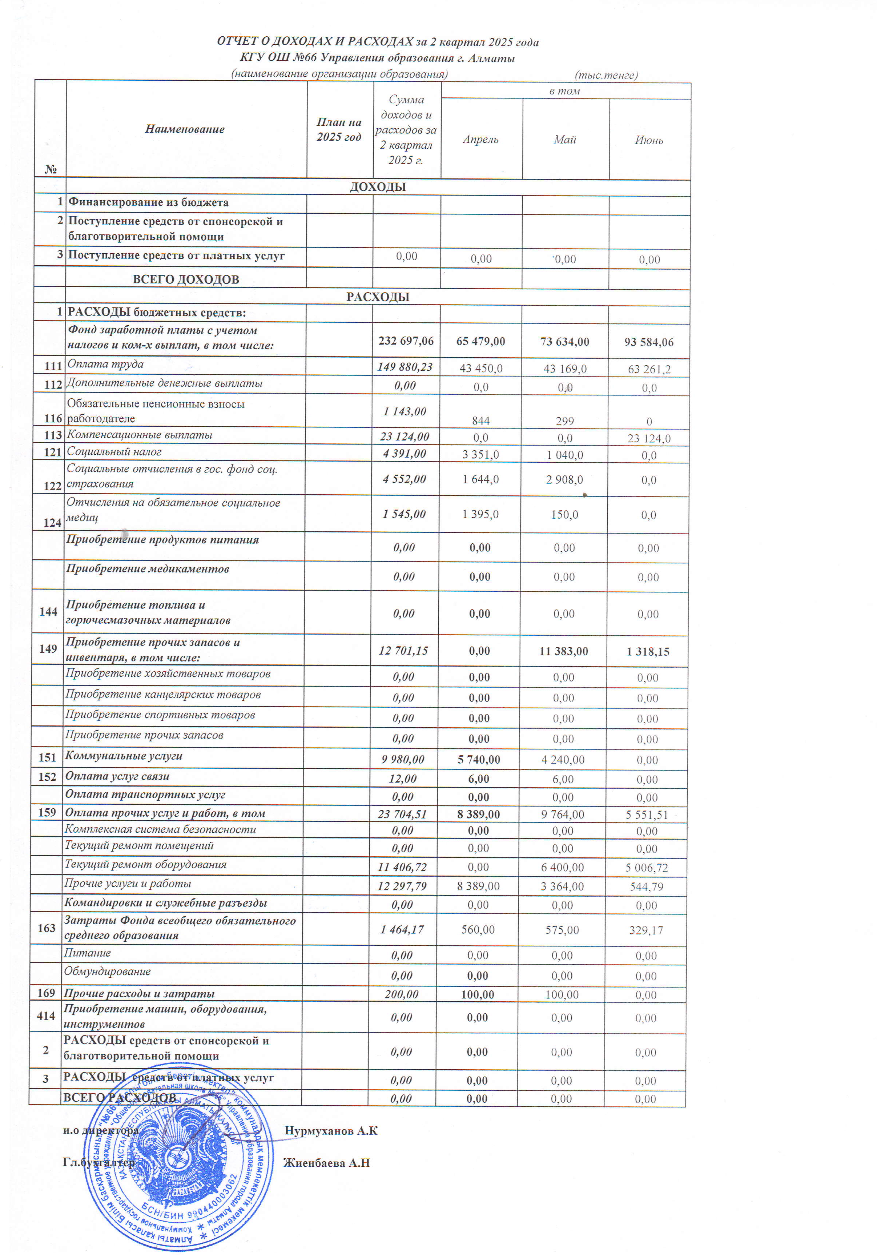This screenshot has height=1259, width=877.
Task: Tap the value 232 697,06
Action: tap(406, 341)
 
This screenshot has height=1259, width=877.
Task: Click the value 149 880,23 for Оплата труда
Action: tap(405, 366)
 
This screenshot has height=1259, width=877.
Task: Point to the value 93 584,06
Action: tap(649, 342)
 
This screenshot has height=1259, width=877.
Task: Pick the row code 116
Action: tap(53, 418)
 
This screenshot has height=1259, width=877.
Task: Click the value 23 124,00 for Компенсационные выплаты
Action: tap(405, 437)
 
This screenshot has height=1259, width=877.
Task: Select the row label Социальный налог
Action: tap(114, 452)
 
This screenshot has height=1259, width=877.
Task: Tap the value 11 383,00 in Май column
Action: tap(563, 651)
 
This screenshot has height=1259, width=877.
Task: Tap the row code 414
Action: tap(46, 1015)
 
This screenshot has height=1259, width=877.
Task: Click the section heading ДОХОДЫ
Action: tap(378, 186)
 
